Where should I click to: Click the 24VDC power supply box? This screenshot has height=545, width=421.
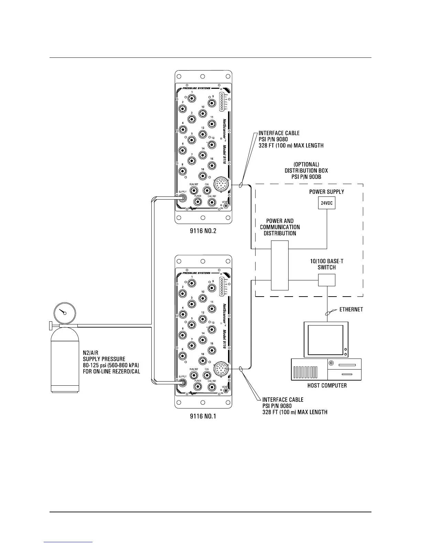click(326, 203)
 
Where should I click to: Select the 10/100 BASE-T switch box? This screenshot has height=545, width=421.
click(326, 280)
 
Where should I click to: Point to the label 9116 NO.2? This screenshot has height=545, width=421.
click(203, 231)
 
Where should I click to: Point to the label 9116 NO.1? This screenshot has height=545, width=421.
click(203, 416)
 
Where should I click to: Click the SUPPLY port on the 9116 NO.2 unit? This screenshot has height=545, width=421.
click(182, 198)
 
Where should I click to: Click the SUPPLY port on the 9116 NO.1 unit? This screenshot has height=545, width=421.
click(182, 383)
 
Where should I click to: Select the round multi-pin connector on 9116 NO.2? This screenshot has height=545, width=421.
click(220, 185)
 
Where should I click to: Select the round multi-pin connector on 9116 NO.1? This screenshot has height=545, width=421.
click(220, 370)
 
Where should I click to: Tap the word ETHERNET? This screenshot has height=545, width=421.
click(351, 309)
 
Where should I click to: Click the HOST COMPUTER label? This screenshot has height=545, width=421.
click(327, 385)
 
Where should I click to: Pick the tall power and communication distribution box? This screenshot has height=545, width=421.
click(280, 265)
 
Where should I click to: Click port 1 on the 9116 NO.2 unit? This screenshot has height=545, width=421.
click(192, 98)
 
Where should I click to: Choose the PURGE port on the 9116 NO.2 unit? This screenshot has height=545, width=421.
click(198, 202)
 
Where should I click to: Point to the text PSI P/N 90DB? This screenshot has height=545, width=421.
click(306, 177)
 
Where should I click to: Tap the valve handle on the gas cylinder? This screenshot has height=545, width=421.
click(50, 325)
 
